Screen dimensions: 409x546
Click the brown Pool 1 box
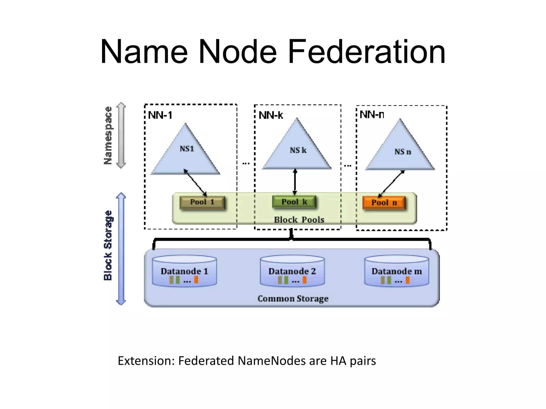(x=202, y=202)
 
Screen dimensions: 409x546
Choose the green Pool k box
(x=294, y=202)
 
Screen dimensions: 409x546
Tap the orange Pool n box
(x=384, y=203)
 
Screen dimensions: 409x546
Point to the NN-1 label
(x=160, y=115)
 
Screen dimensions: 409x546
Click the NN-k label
(x=271, y=115)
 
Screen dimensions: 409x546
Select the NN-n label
(x=372, y=114)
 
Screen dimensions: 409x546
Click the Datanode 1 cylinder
(x=184, y=271)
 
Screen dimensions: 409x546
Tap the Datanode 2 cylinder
(x=292, y=271)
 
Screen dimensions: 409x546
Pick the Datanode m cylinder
(x=397, y=271)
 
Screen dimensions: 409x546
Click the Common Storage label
(x=293, y=298)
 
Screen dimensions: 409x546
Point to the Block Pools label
(x=299, y=220)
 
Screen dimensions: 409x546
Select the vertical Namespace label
(x=108, y=136)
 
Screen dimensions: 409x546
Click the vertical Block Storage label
(x=108, y=246)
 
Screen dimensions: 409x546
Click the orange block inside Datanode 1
(x=196, y=280)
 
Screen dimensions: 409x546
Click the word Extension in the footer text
(x=146, y=361)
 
